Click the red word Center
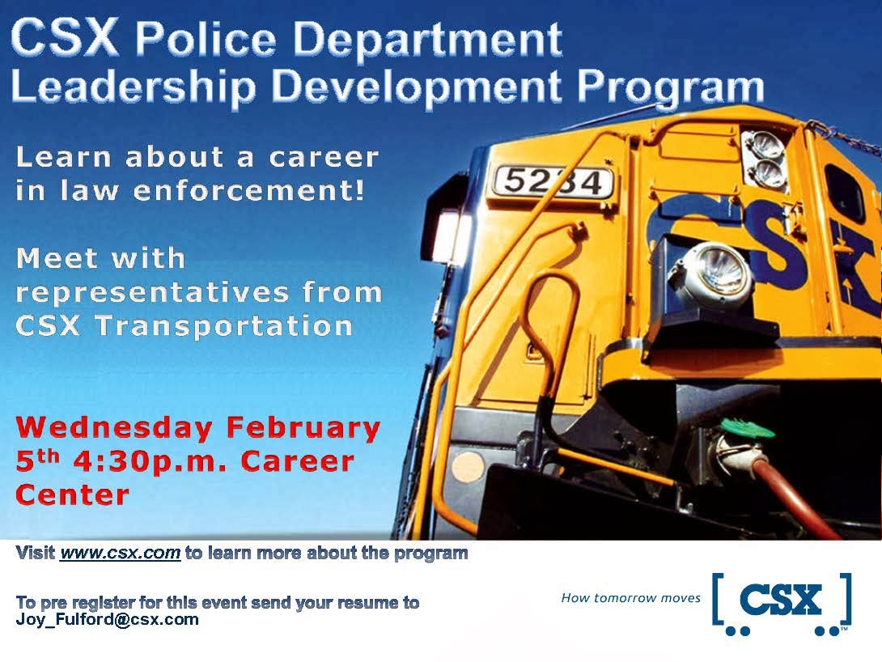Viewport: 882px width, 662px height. pos(72,494)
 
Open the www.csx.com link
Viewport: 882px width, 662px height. pos(120,554)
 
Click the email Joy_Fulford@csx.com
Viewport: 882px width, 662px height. pos(107,620)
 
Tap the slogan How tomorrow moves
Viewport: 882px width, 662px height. pos(630,598)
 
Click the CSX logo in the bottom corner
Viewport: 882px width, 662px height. pos(782,603)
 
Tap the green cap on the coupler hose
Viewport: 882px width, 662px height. pos(741,426)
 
